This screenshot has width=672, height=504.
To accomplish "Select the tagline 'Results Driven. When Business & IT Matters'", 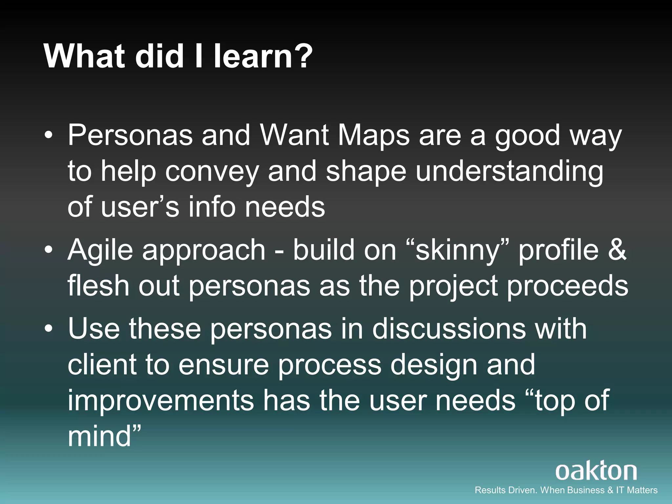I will [566, 490].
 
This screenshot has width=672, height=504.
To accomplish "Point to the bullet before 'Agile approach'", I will [49, 250].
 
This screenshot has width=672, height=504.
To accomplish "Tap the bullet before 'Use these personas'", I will [49, 329].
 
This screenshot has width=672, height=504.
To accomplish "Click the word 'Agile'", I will [100, 250].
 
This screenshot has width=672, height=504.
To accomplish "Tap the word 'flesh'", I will [98, 286].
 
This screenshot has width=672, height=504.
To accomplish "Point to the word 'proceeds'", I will [568, 286].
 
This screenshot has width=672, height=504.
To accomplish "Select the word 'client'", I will [102, 365].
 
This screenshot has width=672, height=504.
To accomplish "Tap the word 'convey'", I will [212, 172].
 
